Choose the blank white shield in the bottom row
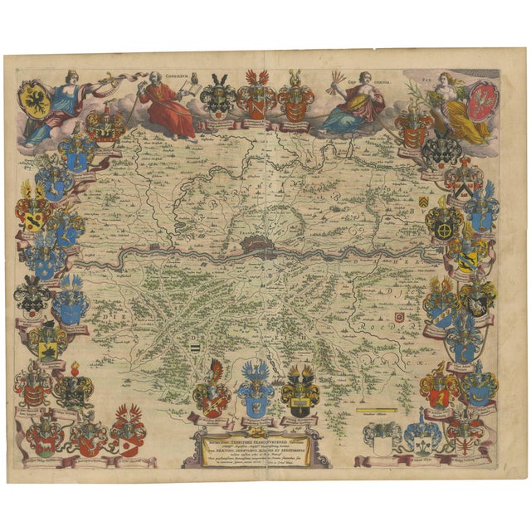tap(382, 442)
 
